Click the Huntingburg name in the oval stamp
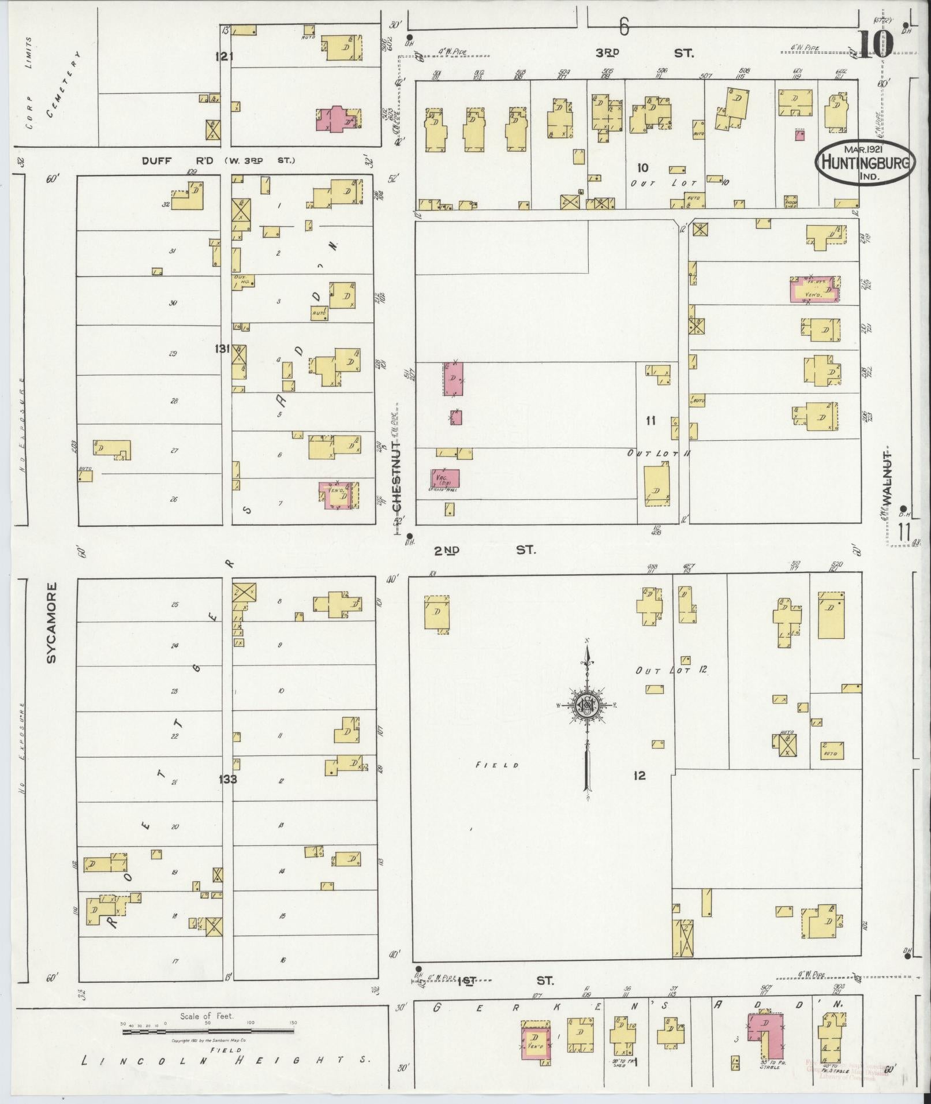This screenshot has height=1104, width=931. [x=865, y=162]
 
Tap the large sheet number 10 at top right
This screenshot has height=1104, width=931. [x=875, y=44]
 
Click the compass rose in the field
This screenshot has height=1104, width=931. [x=586, y=705]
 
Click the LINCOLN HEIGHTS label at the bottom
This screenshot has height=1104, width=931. [x=225, y=1061]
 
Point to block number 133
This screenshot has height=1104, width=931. [x=228, y=779]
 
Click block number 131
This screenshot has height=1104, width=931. [x=222, y=349]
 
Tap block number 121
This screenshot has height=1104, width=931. [x=223, y=56]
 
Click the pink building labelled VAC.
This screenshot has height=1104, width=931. [x=445, y=478]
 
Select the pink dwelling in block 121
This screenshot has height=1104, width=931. [x=336, y=119]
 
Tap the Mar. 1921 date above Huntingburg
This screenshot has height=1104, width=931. [x=864, y=148]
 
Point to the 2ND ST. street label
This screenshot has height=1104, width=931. [x=485, y=550]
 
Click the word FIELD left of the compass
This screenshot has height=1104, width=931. [x=497, y=765]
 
